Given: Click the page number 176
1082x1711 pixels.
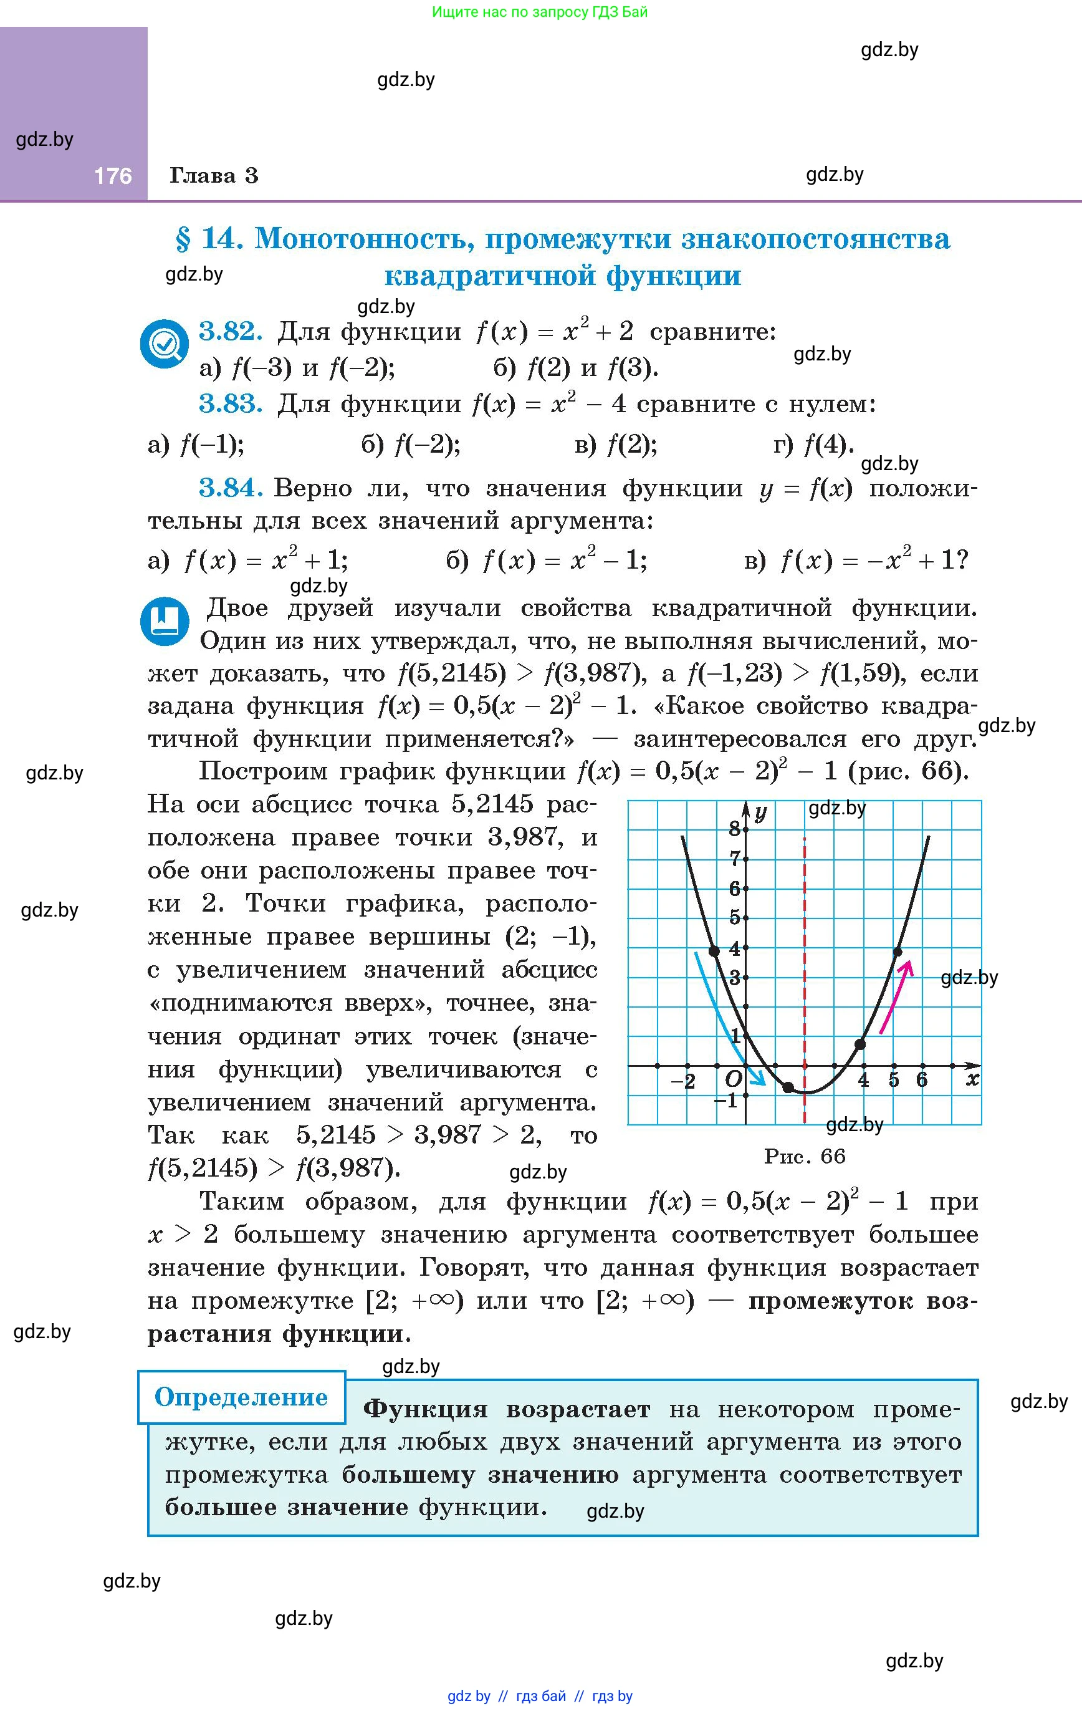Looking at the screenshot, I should pos(113,175).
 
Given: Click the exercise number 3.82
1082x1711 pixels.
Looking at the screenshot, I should pos(230,331).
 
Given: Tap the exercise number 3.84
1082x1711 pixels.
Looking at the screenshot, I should pos(230,488).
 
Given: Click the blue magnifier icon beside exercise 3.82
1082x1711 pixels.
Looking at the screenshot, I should pos(165,345).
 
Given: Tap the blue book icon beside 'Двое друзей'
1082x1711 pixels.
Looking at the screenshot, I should pos(165,621).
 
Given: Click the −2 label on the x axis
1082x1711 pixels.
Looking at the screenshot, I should pos(684,1081).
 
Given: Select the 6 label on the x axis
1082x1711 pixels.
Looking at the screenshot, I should pos(921,1080).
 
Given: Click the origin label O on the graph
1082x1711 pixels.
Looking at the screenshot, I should pos(732,1079).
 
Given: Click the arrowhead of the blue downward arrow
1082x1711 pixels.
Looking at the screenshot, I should pos(761,1081).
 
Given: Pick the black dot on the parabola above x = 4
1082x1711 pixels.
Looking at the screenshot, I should pos(860,1044).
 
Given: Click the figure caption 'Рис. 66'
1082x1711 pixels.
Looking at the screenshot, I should pos(804,1156).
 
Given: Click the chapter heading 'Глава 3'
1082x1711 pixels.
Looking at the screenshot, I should pos(213,175).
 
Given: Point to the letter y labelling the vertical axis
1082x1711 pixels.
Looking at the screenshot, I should pos(761,812).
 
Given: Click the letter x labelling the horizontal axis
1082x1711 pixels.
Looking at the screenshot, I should pos(972,1079).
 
